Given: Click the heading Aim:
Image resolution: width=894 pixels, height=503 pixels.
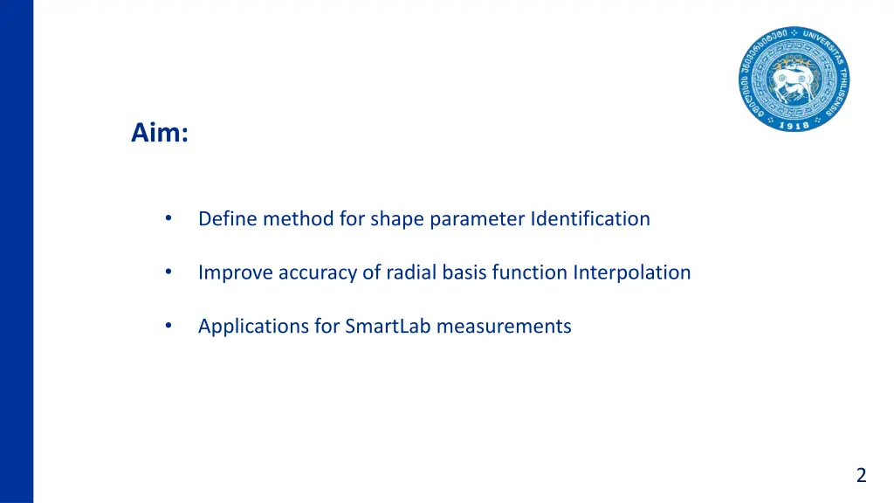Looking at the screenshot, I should pos(159,134).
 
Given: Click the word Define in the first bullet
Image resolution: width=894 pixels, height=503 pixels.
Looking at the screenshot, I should pos(228,218).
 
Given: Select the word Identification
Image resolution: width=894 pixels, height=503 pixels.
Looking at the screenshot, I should pos(590,218).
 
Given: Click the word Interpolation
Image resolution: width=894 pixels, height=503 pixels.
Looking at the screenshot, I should pos(631,272).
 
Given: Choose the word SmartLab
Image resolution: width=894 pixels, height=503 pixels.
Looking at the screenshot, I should pos(388,327).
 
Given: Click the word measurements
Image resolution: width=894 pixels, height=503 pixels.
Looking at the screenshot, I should pos(504,327).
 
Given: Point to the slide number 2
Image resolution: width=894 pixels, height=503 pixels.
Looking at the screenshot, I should pos(861,475).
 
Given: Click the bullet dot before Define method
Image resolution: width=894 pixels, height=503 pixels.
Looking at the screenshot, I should pos(168,218).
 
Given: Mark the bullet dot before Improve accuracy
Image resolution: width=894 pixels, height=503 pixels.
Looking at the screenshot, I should pos(168,272).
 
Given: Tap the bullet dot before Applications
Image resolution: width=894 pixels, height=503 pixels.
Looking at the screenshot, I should pos(168,327).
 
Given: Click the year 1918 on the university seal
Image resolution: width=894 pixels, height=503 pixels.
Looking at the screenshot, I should pos(793,124).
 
